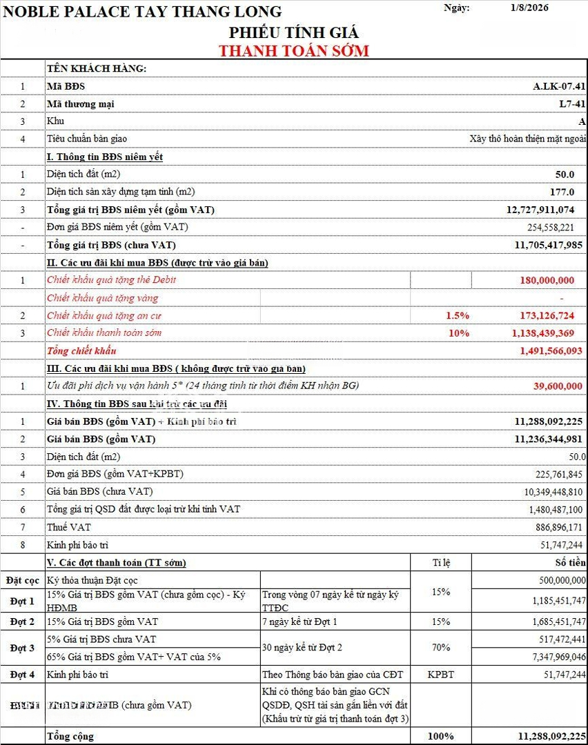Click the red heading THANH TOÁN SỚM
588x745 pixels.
click(294, 50)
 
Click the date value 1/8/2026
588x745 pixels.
click(529, 8)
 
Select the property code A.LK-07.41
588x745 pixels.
click(559, 86)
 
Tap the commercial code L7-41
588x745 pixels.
click(572, 103)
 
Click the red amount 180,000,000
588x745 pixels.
click(547, 280)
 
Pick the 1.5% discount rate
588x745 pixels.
click(458, 315)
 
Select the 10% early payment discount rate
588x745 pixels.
click(459, 332)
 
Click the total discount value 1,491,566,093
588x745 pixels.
click(551, 350)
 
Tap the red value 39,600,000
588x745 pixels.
click(558, 386)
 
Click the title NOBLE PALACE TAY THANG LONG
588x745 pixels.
click(143, 12)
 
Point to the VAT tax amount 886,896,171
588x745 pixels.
click(555, 527)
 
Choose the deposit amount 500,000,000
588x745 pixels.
click(558, 580)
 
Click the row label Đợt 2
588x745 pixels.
click(22, 622)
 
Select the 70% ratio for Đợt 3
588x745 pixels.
click(441, 648)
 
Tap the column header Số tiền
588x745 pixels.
click(570, 563)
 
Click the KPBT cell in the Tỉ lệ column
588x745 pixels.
click(441, 674)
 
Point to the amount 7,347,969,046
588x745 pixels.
click(550, 657)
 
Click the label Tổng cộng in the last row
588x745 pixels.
click(70, 736)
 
